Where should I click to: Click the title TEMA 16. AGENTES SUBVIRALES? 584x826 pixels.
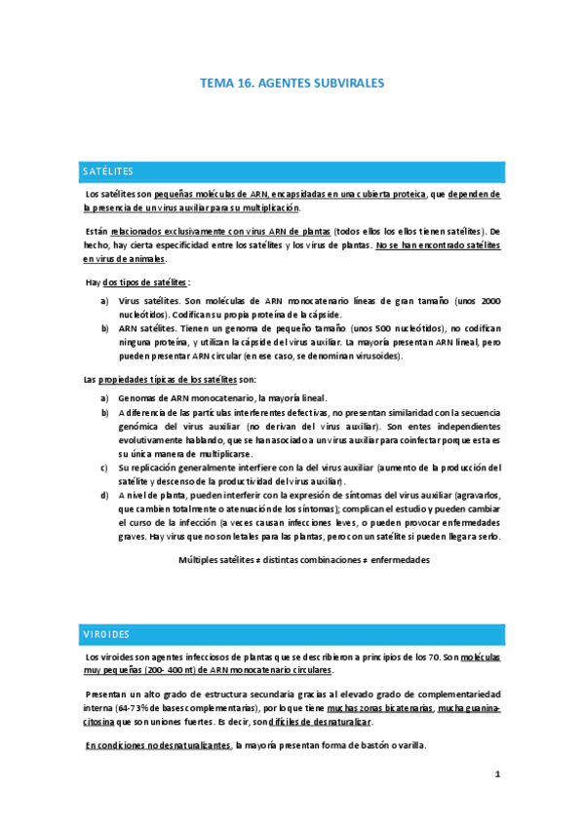pyautogui.click(x=292, y=85)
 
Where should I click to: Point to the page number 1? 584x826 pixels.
pyautogui.click(x=496, y=774)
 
